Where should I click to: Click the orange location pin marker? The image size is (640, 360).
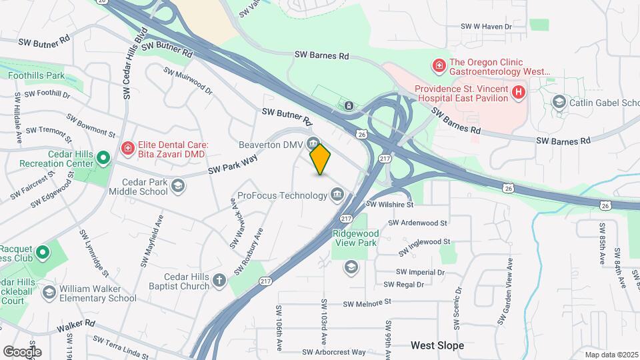(x=321, y=159)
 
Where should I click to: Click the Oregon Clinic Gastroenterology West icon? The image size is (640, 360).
(x=439, y=65)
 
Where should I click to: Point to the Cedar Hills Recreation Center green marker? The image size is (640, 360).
(x=103, y=158)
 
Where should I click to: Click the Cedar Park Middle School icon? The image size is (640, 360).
(x=178, y=185)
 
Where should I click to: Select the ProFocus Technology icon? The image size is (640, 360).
(x=337, y=195)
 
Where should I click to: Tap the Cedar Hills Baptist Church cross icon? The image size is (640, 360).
(x=220, y=281)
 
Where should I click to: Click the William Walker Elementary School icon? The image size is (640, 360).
(x=49, y=293)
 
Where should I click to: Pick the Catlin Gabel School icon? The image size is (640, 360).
(x=559, y=102)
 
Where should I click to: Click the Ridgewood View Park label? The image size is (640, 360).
(x=355, y=238)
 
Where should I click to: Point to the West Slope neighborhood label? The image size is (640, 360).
(x=437, y=346)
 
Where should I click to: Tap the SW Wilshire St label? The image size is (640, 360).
(x=391, y=205)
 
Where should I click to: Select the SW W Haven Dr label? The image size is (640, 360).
(x=486, y=27)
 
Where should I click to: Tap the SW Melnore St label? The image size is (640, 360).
(x=367, y=303)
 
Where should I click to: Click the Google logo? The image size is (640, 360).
(x=22, y=351)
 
